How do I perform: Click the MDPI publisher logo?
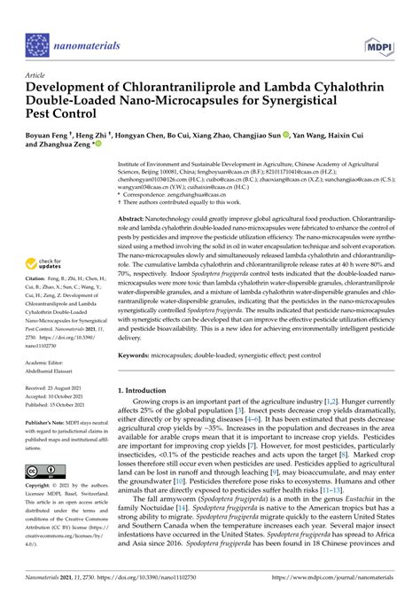pyautogui.click(x=378, y=43)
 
